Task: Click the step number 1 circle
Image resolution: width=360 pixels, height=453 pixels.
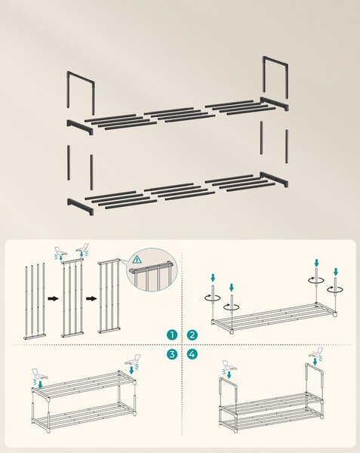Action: pyautogui.click(x=172, y=335)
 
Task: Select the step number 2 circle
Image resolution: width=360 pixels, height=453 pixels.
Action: pyautogui.click(x=192, y=335)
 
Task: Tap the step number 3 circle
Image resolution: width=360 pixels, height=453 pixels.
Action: pyautogui.click(x=172, y=354)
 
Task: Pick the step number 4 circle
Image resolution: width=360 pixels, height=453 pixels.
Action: pyautogui.click(x=192, y=354)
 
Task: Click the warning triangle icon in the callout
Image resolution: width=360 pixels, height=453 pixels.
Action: pyautogui.click(x=137, y=260)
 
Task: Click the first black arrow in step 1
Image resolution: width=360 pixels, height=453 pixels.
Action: pyautogui.click(x=53, y=298)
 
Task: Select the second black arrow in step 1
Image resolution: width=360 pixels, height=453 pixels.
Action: pyautogui.click(x=91, y=298)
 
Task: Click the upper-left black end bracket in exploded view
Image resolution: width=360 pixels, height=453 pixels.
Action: pyautogui.click(x=80, y=127)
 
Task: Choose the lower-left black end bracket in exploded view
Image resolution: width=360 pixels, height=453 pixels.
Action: pyautogui.click(x=80, y=205)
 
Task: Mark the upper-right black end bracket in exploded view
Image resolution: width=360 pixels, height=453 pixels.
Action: pyautogui.click(x=274, y=103)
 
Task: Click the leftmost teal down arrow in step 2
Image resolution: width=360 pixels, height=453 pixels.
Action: pyautogui.click(x=213, y=278)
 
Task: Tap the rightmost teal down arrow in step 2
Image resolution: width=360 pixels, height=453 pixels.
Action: pyautogui.click(x=335, y=272)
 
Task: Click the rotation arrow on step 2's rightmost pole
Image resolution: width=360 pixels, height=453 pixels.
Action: pyautogui.click(x=335, y=288)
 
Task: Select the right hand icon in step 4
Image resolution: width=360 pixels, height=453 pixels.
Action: pyautogui.click(x=316, y=353)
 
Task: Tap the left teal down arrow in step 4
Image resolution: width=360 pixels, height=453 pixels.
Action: pyautogui.click(x=229, y=374)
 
